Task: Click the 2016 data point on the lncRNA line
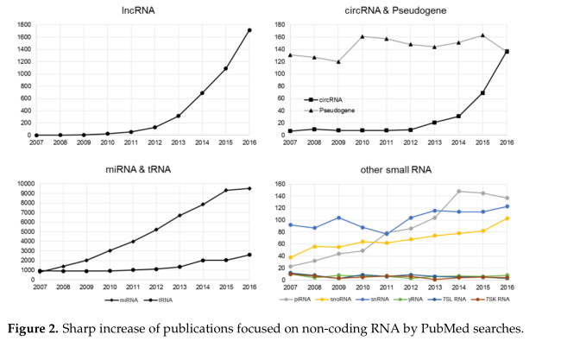(249, 30)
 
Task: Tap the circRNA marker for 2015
(482, 92)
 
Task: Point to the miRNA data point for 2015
(225, 190)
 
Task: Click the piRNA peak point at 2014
(458, 191)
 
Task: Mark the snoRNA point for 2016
(507, 218)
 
